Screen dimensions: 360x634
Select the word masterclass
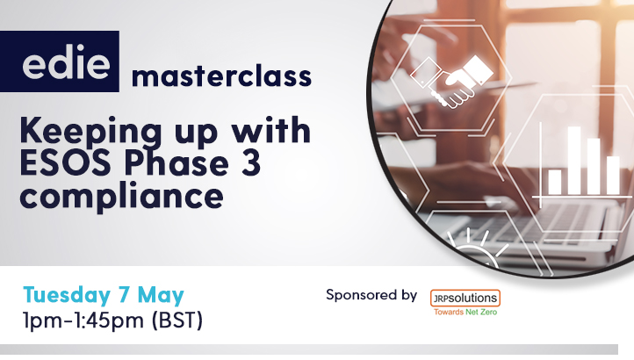[221, 76]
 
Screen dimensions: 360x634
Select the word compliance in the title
[122, 194]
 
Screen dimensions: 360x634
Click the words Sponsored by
[371, 295]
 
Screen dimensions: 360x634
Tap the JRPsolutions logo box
[465, 298]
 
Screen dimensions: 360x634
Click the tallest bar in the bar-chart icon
[575, 161]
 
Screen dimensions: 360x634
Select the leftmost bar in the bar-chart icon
[554, 182]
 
